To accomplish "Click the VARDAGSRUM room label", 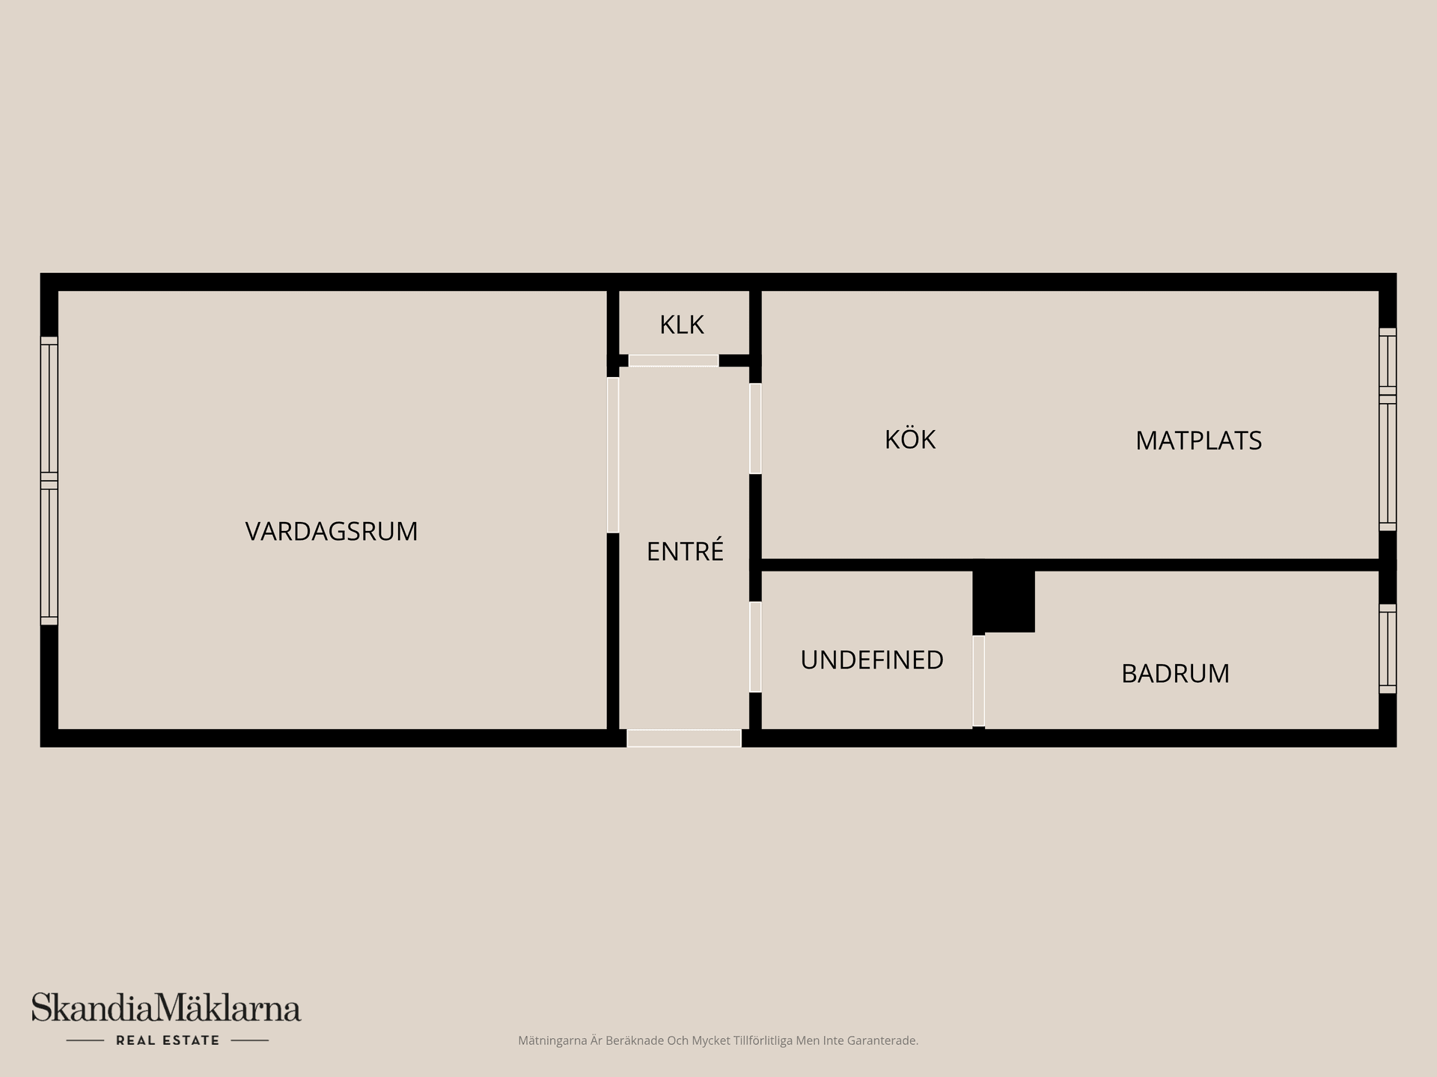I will [332, 531].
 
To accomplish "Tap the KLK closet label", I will [681, 325].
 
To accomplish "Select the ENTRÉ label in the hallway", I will [685, 551].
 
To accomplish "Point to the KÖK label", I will [910, 439].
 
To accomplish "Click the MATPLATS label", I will [1198, 441].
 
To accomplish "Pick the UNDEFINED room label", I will [872, 660].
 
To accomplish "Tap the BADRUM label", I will [1175, 674].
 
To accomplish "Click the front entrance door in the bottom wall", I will [684, 738].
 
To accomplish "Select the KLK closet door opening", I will [674, 360].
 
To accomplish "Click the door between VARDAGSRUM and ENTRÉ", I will [613, 455].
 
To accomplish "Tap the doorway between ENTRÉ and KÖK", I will [755, 429].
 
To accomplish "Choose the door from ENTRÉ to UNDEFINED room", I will [755, 647].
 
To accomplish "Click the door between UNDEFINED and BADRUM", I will [978, 681].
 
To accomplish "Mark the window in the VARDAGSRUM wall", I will [49, 480].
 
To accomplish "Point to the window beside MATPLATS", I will [1387, 429].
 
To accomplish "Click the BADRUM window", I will [1387, 648].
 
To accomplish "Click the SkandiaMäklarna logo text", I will [166, 1008].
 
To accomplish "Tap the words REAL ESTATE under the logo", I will [168, 1040].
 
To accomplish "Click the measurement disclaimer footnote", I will [718, 1040].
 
